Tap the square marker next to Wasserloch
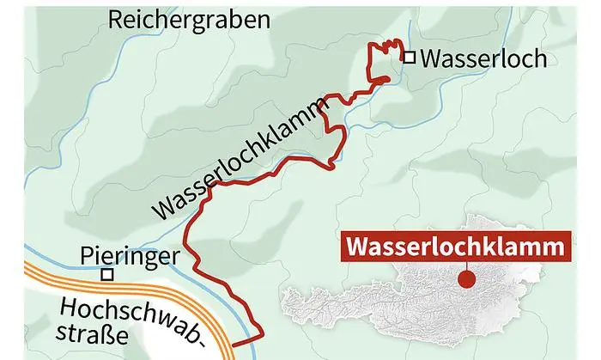click(x=410, y=58)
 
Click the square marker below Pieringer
click(x=107, y=275)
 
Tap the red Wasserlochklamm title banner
click(x=458, y=247)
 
